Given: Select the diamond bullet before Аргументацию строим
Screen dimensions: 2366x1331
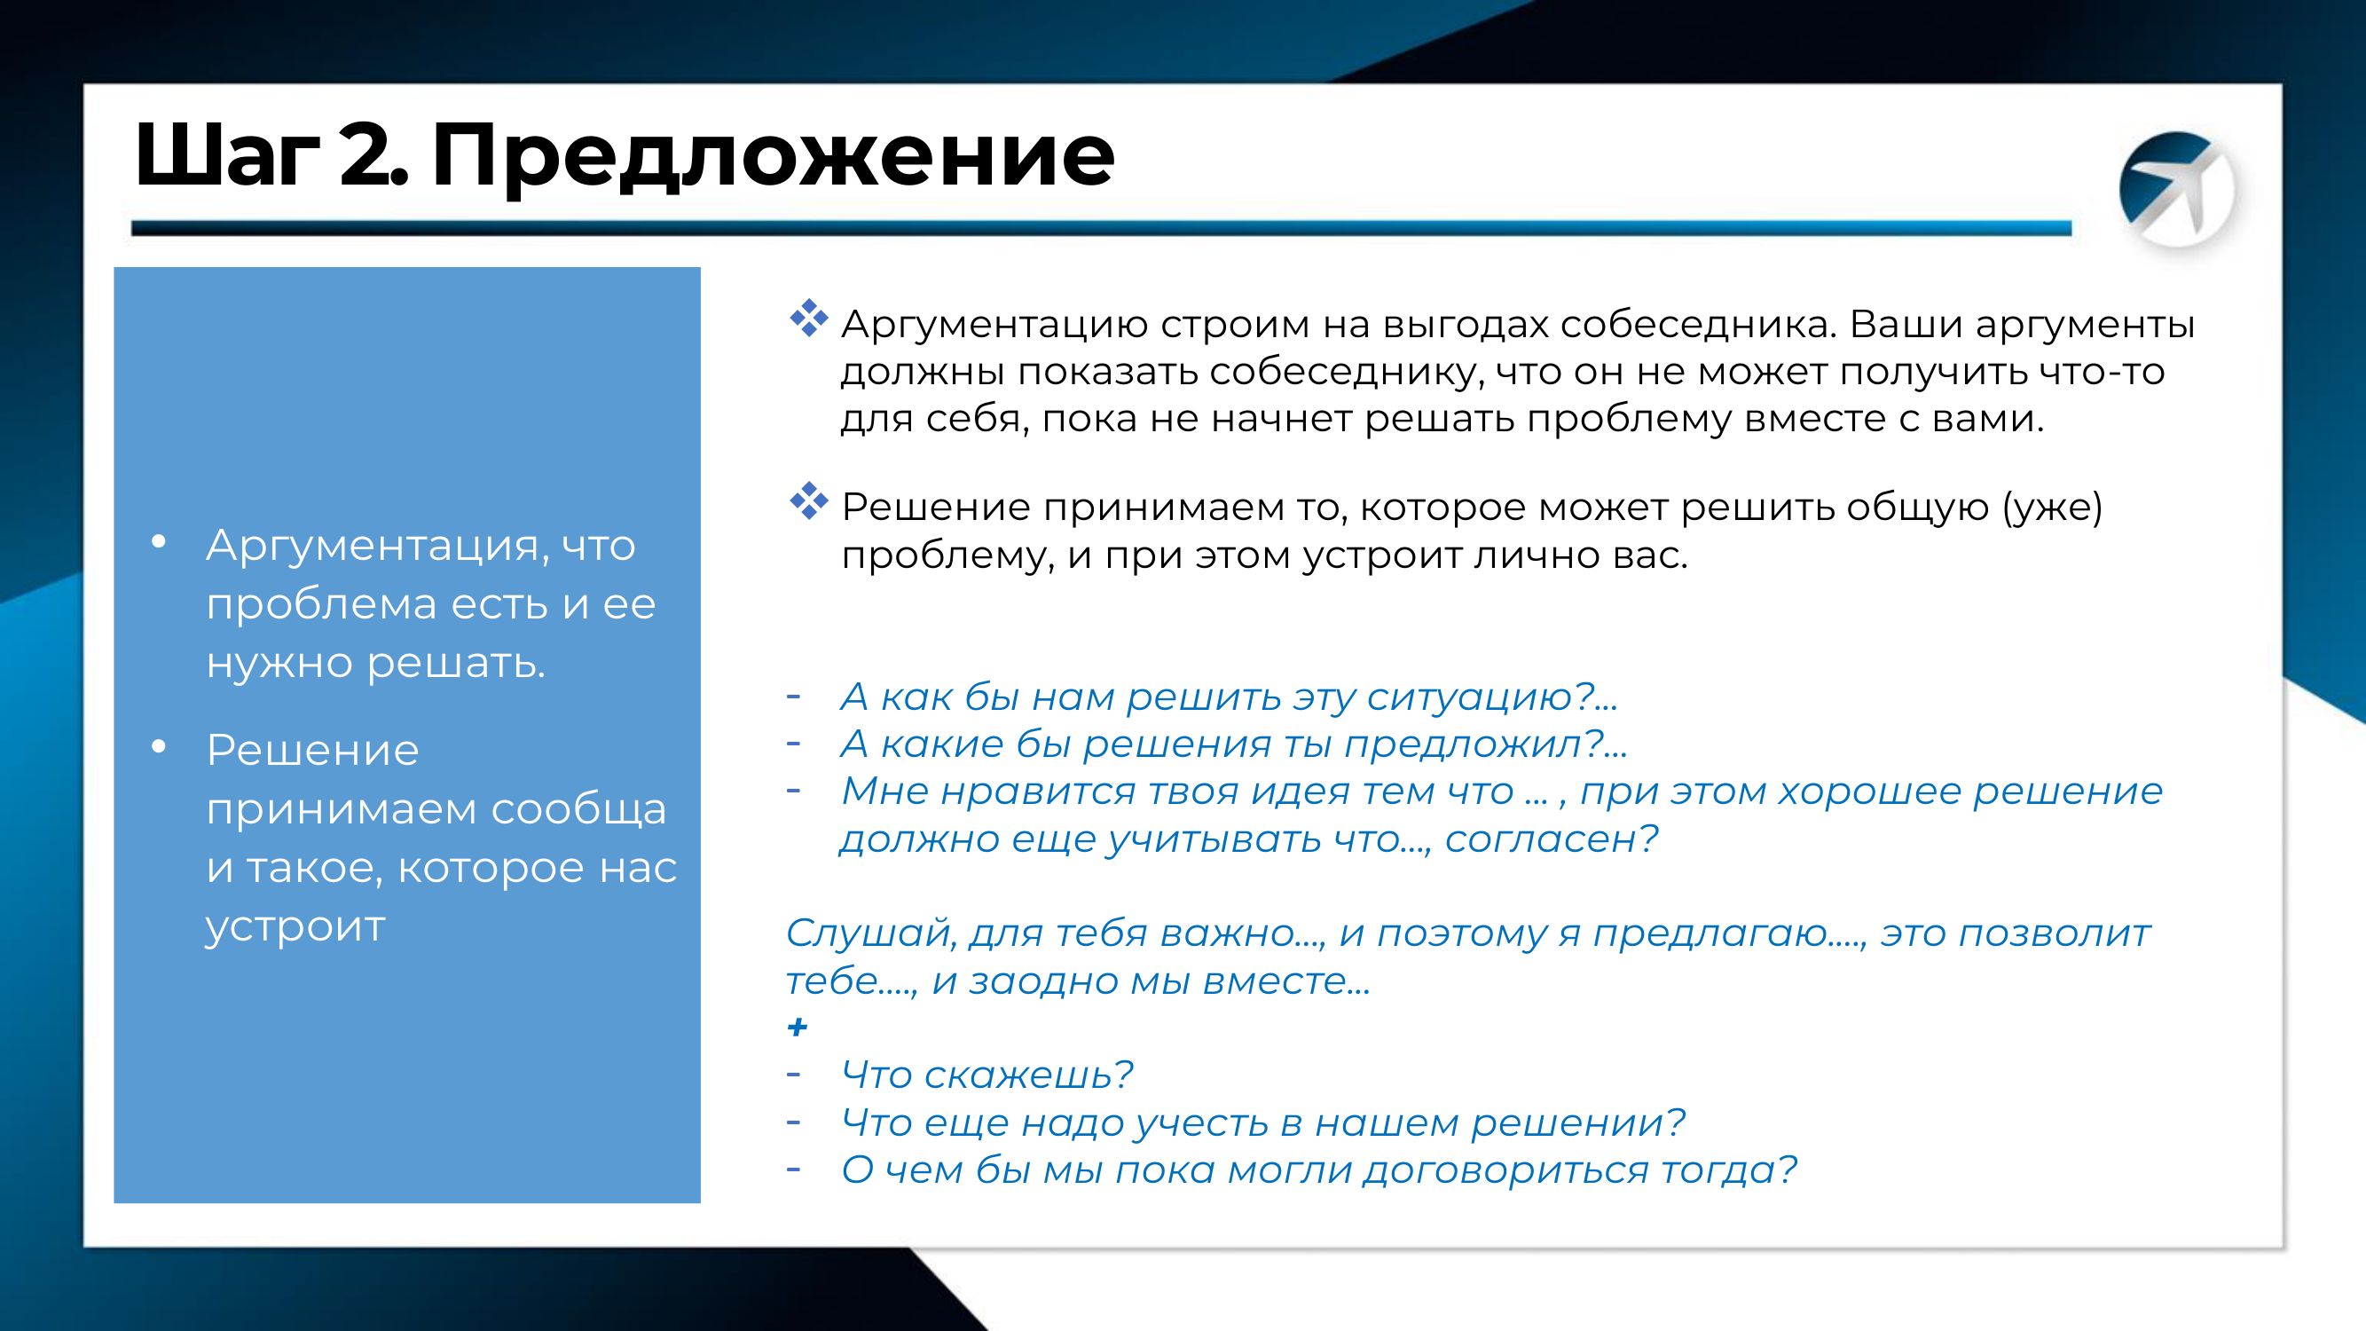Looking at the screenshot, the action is click(x=808, y=319).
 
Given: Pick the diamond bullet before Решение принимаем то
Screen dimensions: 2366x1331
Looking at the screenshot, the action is click(x=808, y=500).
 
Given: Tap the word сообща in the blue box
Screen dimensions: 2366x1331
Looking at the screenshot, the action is click(x=578, y=809).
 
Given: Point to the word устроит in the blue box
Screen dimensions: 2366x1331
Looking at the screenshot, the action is click(x=295, y=928).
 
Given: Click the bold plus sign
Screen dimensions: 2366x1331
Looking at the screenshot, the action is click(x=798, y=1027).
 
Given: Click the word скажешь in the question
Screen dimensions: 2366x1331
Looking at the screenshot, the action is click(x=1029, y=1075).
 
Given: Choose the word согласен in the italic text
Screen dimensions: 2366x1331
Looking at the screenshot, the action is click(x=1552, y=839).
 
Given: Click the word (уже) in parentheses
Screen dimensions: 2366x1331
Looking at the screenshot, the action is click(x=2052, y=507).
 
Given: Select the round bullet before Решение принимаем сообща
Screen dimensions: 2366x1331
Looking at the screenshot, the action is click(x=158, y=748).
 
